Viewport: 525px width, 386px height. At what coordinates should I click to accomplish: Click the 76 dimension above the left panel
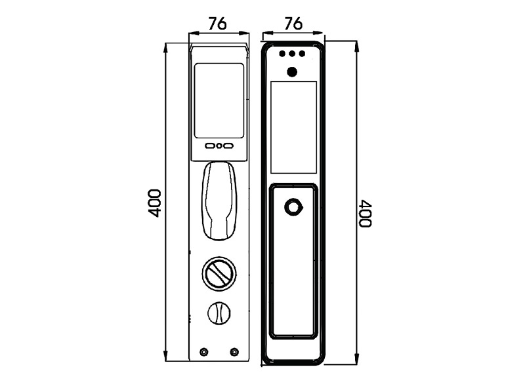[218, 24]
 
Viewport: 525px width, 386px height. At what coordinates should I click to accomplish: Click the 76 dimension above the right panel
[293, 24]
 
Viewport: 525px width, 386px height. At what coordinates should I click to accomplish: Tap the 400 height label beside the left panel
[154, 203]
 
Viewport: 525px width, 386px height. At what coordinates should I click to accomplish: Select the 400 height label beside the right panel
[365, 214]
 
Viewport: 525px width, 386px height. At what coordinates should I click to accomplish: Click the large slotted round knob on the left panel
[219, 274]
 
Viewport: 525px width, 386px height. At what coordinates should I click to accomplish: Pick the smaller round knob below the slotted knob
[219, 313]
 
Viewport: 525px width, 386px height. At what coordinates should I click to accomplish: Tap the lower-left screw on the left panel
[203, 351]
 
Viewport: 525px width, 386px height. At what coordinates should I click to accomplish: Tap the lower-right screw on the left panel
[234, 351]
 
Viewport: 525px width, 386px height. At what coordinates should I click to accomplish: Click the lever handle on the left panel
[219, 201]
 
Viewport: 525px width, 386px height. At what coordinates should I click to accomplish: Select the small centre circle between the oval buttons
[219, 146]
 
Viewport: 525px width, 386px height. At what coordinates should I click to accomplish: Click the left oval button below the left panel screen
[210, 146]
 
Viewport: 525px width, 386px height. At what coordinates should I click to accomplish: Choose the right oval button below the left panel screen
[228, 146]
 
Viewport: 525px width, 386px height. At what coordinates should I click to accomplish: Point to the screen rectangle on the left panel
[219, 100]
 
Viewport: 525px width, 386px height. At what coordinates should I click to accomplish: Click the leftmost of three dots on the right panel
[283, 54]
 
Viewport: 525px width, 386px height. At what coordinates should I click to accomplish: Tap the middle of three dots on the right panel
[292, 54]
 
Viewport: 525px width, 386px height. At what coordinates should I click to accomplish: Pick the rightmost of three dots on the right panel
[302, 54]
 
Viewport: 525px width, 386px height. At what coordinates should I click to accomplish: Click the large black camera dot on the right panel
[292, 72]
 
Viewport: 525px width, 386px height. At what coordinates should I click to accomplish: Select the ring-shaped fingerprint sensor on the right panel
[293, 207]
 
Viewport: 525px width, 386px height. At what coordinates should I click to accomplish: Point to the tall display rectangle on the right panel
[293, 127]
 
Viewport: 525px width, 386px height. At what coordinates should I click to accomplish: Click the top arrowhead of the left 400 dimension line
[165, 47]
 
